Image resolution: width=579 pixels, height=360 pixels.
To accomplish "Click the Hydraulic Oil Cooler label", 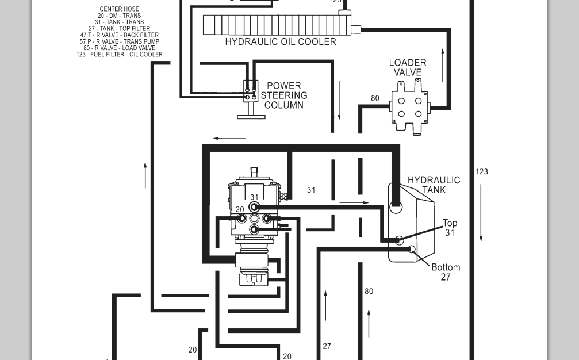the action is pyautogui.click(x=281, y=41).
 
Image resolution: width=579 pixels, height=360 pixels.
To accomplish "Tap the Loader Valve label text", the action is pyautogui.click(x=408, y=67).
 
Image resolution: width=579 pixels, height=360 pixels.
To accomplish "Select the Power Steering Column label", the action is pyautogui.click(x=284, y=95).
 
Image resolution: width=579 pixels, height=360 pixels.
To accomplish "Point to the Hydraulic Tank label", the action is pyautogui.click(x=434, y=185).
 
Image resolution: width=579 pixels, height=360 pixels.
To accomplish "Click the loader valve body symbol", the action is pyautogui.click(x=409, y=107).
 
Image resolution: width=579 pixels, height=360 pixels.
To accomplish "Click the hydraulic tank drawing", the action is pyautogui.click(x=411, y=223).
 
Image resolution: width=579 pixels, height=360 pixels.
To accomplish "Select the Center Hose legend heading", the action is pyautogui.click(x=119, y=9).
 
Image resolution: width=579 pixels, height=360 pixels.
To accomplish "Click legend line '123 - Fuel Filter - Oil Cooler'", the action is pyautogui.click(x=119, y=54).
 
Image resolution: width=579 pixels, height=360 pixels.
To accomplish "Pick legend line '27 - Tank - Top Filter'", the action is pyautogui.click(x=119, y=28).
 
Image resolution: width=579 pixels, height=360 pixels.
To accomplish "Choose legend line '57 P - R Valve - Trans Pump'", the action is pyautogui.click(x=119, y=41).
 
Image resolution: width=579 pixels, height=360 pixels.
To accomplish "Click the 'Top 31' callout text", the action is pyautogui.click(x=450, y=228).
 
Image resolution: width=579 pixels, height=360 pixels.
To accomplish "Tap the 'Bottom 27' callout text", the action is pyautogui.click(x=446, y=272).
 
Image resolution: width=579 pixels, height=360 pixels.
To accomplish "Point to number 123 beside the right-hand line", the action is pyautogui.click(x=481, y=172).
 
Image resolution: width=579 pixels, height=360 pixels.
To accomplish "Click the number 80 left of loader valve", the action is pyautogui.click(x=375, y=98).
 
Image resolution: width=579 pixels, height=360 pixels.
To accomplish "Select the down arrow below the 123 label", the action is pyautogui.click(x=481, y=212).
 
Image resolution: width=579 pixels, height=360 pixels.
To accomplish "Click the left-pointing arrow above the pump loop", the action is pyautogui.click(x=229, y=139).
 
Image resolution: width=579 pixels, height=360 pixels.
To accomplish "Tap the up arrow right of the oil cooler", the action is pyautogui.click(x=443, y=65).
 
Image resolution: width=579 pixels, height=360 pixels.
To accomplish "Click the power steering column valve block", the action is pyautogui.click(x=251, y=91).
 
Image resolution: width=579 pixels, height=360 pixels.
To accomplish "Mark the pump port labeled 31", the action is pyautogui.click(x=254, y=207).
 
